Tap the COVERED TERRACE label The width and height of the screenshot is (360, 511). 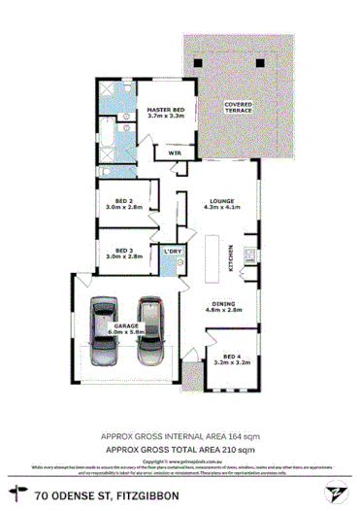pyautogui.click(x=238, y=106)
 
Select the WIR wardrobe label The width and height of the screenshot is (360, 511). pyautogui.click(x=177, y=153)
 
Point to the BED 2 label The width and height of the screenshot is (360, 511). pyautogui.click(x=123, y=202)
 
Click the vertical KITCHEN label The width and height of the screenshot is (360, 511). pyautogui.click(x=231, y=256)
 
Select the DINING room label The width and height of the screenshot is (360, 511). pyautogui.click(x=223, y=307)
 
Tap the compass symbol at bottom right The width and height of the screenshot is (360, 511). pyautogui.click(x=334, y=494)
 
